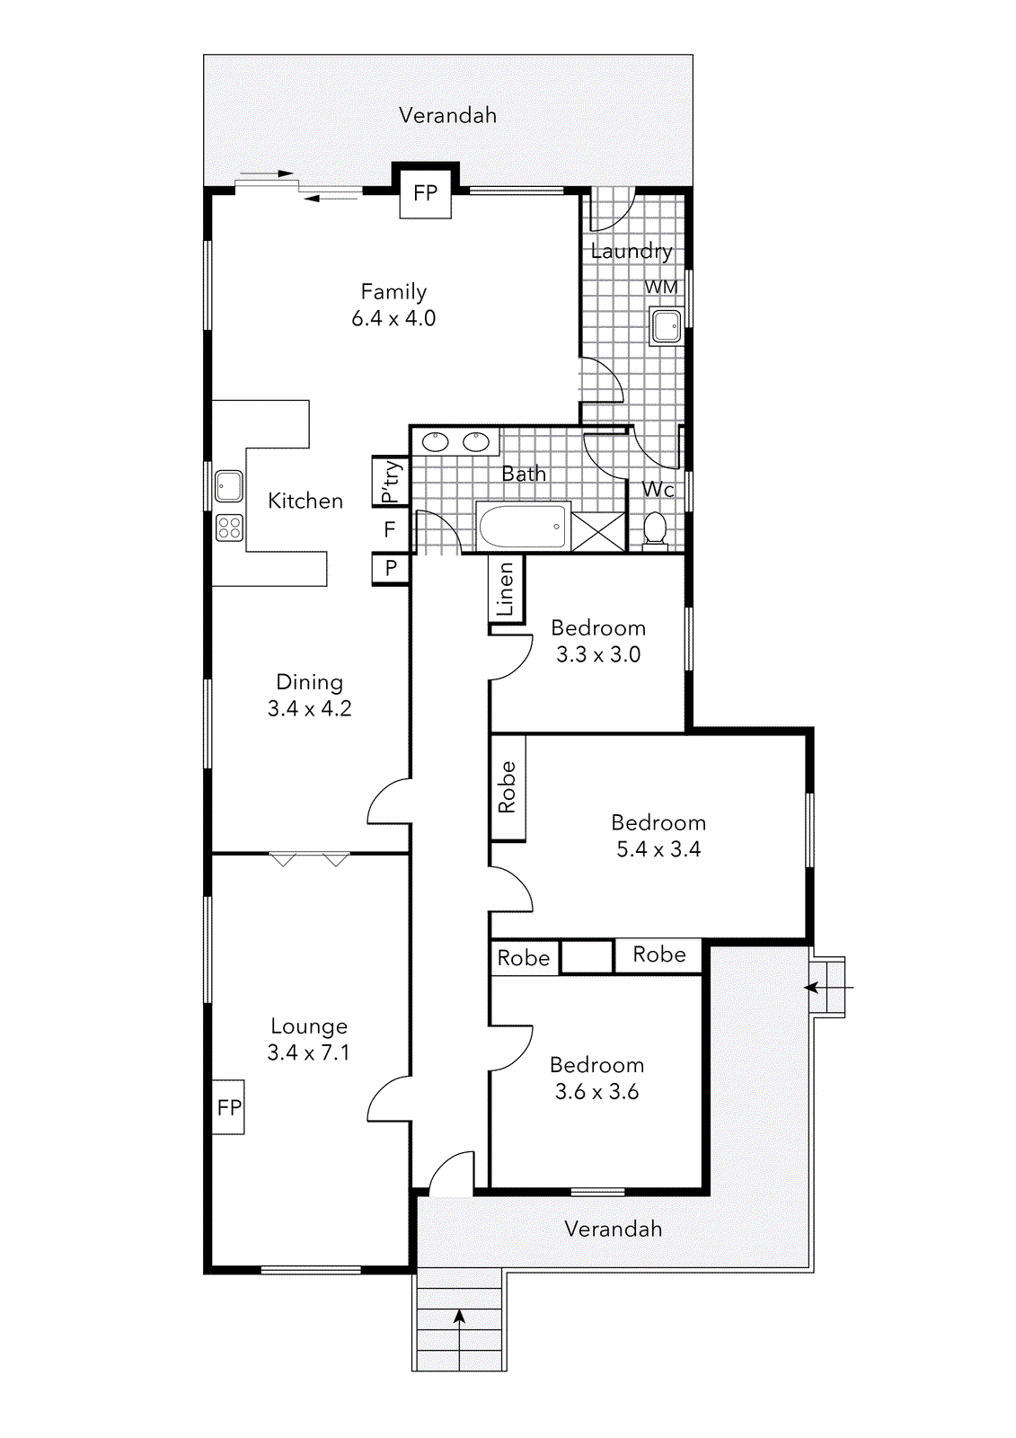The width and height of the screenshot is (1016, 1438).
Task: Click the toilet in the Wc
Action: click(655, 528)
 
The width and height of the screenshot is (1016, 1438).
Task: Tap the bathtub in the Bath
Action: click(523, 526)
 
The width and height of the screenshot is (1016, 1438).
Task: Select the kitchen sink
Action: click(228, 486)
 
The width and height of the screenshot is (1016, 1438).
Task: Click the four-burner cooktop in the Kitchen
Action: click(229, 527)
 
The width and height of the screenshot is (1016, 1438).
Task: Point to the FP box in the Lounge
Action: click(229, 1106)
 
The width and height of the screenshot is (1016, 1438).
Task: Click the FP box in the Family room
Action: click(425, 192)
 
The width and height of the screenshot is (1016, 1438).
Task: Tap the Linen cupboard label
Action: click(506, 589)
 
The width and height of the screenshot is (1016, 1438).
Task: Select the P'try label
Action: click(391, 482)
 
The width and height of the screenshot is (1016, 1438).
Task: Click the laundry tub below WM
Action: click(666, 325)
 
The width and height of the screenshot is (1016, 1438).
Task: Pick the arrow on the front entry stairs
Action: click(459, 1319)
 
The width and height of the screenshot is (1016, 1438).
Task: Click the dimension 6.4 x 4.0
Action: click(393, 318)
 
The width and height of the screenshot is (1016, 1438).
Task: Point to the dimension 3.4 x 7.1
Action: click(308, 1052)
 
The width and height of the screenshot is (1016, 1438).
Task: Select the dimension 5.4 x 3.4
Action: click(658, 849)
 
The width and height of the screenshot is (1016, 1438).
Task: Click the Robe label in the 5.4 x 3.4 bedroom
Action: click(508, 787)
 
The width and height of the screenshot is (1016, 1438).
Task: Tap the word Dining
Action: click(309, 681)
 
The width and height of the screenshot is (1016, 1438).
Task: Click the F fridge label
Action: click(390, 529)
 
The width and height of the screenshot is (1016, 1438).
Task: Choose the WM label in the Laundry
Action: click(661, 288)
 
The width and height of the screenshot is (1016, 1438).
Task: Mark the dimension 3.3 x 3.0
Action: click(598, 654)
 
